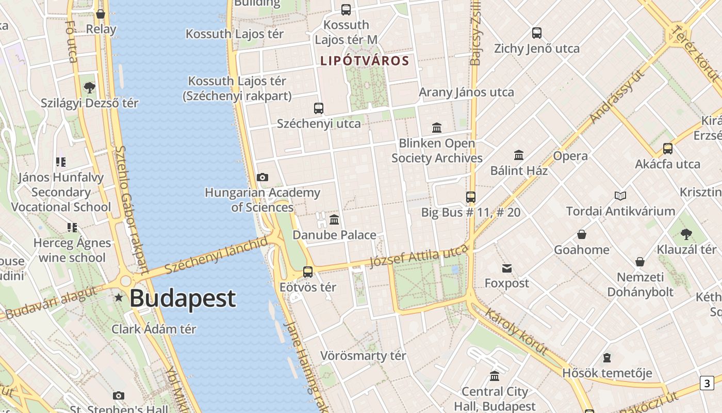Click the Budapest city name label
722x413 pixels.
[183, 299]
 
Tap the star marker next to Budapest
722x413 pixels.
[119, 297]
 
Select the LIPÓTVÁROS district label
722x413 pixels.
[365, 61]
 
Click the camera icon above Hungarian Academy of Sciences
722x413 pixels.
[262, 178]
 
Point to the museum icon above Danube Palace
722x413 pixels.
[334, 220]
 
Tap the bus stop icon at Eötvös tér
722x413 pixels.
[308, 272]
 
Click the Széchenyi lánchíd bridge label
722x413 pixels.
[216, 256]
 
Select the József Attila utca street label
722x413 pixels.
[418, 256]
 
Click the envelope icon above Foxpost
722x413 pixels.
[507, 268]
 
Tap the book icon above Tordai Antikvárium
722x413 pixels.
[620, 196]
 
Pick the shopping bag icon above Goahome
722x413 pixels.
[582, 234]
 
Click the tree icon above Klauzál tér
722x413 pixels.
[686, 234]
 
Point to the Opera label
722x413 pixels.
[570, 156]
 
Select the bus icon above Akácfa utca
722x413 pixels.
[668, 149]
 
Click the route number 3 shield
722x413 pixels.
[707, 383]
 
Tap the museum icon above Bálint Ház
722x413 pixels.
[519, 155]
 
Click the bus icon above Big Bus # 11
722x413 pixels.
[470, 197]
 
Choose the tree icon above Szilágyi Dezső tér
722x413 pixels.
[90, 88]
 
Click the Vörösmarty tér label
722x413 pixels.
[363, 356]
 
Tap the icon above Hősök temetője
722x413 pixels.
[607, 358]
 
